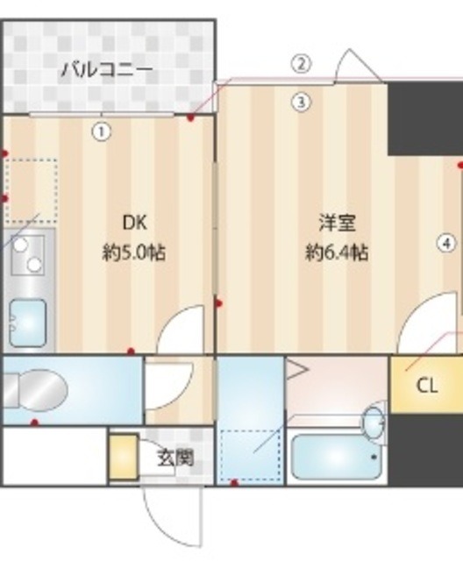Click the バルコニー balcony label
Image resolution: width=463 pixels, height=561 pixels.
coord(106,69)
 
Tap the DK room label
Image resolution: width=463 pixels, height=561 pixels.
coord(135,222)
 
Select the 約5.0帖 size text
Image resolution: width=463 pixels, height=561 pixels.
coord(134,253)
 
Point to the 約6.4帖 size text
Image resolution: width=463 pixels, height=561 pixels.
coord(337,253)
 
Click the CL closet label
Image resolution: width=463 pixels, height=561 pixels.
coord(427,385)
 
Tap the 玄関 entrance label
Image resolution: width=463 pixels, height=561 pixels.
coord(175,457)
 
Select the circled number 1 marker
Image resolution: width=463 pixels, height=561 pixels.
coord(102,131)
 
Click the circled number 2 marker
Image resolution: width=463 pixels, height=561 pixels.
coord(301,63)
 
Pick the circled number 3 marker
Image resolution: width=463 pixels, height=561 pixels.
coord(301,102)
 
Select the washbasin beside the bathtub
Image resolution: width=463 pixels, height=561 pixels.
coord(374,423)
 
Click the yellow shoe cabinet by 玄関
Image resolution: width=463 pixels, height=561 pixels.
coord(123,457)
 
